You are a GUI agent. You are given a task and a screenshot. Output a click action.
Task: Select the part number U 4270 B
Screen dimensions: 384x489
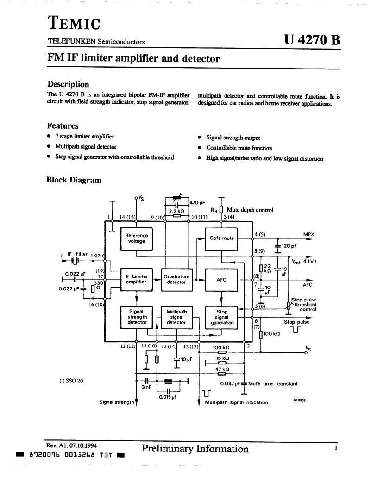pyautogui.click(x=312, y=40)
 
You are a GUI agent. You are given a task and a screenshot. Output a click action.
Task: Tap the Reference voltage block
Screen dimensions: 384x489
pyautogui.click(x=137, y=238)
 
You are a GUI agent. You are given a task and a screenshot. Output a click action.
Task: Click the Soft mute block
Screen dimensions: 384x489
pyautogui.click(x=222, y=238)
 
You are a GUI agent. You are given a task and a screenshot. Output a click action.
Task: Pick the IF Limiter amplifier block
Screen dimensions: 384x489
pyautogui.click(x=137, y=280)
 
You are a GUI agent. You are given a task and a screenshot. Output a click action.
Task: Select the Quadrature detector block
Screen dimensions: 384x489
pyautogui.click(x=176, y=280)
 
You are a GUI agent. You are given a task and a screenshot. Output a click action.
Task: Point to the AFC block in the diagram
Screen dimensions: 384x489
pyautogui.click(x=221, y=280)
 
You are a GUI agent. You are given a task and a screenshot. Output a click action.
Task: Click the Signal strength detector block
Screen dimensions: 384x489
pyautogui.click(x=137, y=318)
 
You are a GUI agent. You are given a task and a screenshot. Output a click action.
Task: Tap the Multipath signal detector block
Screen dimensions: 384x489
pyautogui.click(x=176, y=318)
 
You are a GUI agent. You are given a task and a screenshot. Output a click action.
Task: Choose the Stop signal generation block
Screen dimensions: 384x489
pyautogui.click(x=222, y=318)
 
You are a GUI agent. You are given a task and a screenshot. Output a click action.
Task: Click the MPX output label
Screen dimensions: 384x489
pyautogui.click(x=308, y=234)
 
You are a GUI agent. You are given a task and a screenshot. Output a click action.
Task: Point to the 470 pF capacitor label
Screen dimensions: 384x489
pyautogui.click(x=197, y=203)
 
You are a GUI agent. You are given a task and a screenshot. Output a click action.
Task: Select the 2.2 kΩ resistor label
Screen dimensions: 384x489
pyautogui.click(x=176, y=211)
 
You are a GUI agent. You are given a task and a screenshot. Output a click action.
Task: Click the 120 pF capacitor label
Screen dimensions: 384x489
pyautogui.click(x=289, y=246)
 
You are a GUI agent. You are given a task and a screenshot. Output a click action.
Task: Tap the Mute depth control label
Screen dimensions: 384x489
pyautogui.click(x=250, y=210)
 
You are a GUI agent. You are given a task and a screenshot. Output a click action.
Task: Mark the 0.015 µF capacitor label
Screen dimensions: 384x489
pyautogui.click(x=168, y=397)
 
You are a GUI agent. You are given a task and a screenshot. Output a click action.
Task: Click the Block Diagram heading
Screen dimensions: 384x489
pyautogui.click(x=74, y=180)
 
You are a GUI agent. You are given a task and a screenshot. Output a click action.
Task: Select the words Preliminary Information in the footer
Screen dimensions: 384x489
pyautogui.click(x=195, y=449)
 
